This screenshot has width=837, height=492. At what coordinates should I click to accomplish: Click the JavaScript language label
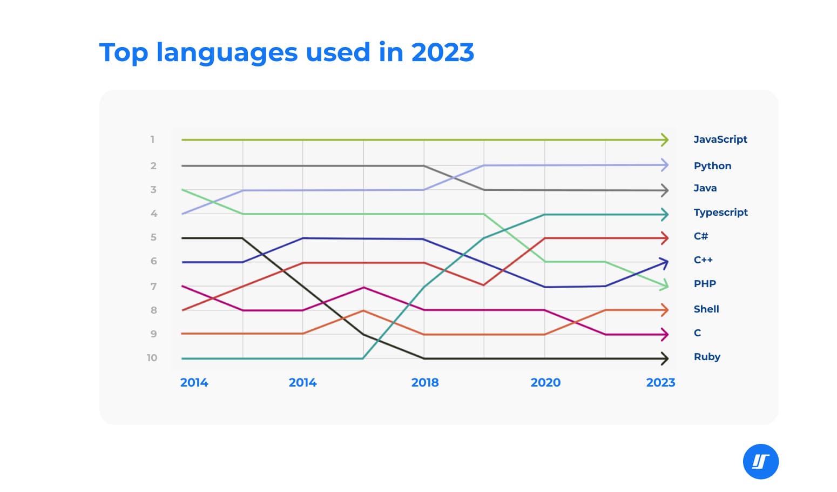click(x=720, y=139)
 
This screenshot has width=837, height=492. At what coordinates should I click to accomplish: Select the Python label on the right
click(x=712, y=166)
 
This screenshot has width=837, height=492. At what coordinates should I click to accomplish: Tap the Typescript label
click(x=720, y=212)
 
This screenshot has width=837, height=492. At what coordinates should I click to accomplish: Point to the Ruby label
click(x=707, y=357)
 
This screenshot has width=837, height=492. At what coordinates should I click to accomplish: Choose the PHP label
click(x=705, y=284)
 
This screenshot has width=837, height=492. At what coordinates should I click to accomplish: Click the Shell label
click(x=706, y=309)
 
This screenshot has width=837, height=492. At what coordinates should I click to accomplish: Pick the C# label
click(x=700, y=236)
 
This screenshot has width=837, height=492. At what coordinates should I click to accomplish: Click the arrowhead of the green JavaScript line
click(x=665, y=140)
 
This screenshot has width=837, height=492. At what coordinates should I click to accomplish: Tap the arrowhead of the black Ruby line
click(x=665, y=358)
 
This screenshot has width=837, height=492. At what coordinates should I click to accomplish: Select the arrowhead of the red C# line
click(x=665, y=238)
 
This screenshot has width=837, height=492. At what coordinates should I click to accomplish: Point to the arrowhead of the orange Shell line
click(x=665, y=310)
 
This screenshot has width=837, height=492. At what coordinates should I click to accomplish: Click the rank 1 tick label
click(x=152, y=139)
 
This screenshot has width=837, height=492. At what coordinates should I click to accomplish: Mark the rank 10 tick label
click(x=152, y=358)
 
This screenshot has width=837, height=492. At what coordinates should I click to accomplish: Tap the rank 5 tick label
click(x=153, y=237)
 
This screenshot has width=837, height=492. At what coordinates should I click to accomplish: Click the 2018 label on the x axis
click(x=425, y=383)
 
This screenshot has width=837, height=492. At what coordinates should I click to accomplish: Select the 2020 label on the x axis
click(x=545, y=383)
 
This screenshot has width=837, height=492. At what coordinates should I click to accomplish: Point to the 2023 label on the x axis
click(x=660, y=383)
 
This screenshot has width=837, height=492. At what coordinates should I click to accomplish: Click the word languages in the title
click(x=227, y=53)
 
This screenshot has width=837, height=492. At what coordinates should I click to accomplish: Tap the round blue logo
click(x=760, y=462)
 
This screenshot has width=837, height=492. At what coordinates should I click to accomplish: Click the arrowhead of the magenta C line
click(x=665, y=335)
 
